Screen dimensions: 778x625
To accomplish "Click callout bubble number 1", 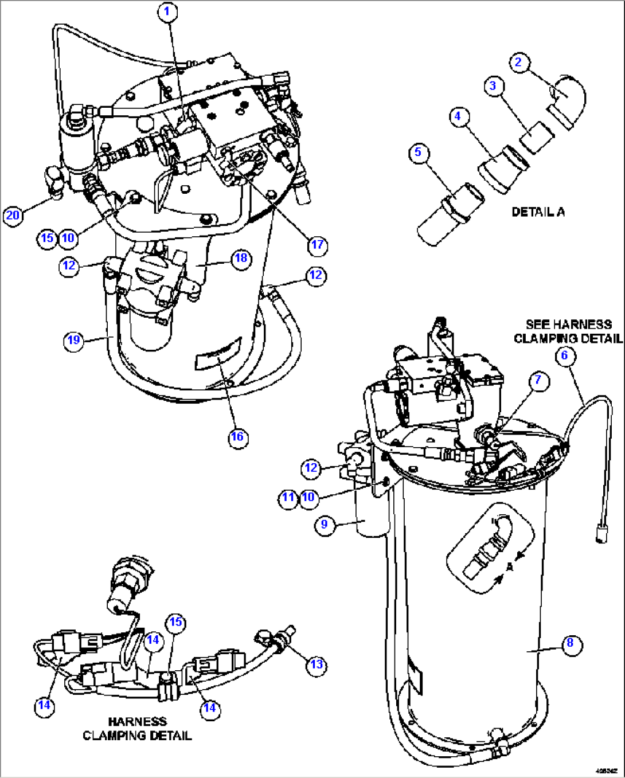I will pyautogui.click(x=168, y=11).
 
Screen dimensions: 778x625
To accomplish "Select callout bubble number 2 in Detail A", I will pyautogui.click(x=518, y=62).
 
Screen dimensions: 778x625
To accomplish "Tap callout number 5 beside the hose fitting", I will pyautogui.click(x=418, y=152).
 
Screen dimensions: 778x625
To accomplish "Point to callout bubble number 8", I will pyautogui.click(x=570, y=643).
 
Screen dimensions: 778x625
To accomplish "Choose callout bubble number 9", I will pyautogui.click(x=325, y=525).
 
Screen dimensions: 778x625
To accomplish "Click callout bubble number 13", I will pyautogui.click(x=317, y=664).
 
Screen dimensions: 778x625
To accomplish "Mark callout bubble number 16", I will pyautogui.click(x=237, y=437).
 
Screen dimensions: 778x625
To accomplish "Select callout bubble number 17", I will pyautogui.click(x=317, y=245).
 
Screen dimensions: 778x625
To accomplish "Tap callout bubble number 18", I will pyautogui.click(x=241, y=258).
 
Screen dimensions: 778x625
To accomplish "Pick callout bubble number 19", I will pyautogui.click(x=73, y=341).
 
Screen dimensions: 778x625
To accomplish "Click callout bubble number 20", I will pyautogui.click(x=13, y=215).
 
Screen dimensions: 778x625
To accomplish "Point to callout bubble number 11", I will pyautogui.click(x=288, y=497).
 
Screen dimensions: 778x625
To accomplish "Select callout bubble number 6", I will pyautogui.click(x=564, y=355).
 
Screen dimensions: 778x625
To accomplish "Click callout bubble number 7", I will pyautogui.click(x=538, y=380).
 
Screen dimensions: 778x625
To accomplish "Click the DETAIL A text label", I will pyautogui.click(x=538, y=212).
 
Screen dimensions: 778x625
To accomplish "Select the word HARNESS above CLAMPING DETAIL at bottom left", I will pyautogui.click(x=137, y=722).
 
